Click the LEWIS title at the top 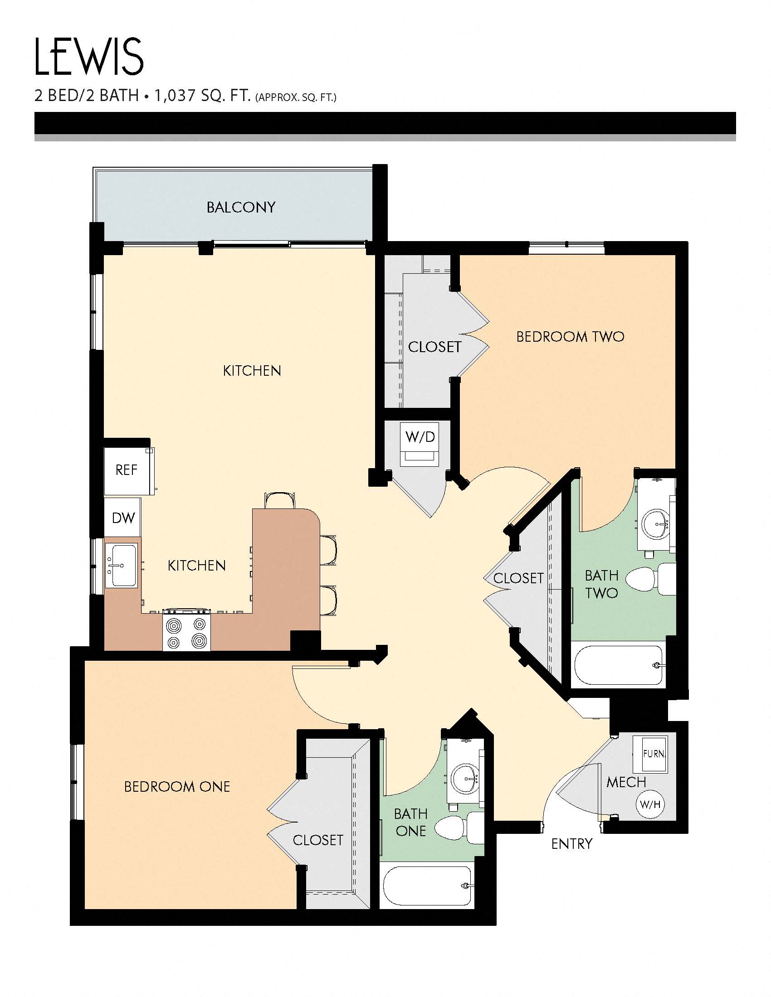click(89, 57)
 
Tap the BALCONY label click(241, 207)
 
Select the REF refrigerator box click(127, 470)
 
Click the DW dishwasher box click(123, 518)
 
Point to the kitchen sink click(122, 566)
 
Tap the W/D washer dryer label click(420, 437)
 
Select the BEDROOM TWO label click(570, 337)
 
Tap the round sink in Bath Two click(656, 524)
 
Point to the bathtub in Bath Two click(618, 665)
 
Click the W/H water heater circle click(650, 804)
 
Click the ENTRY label click(571, 844)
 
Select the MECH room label click(626, 782)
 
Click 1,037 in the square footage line click(175, 96)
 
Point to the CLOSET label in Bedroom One click(318, 840)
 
